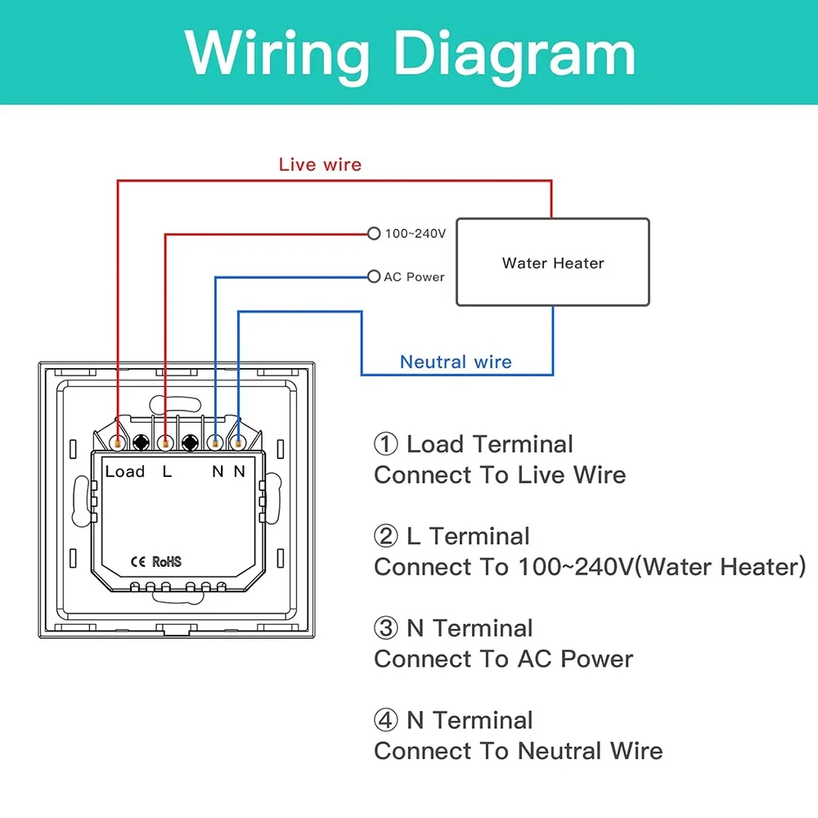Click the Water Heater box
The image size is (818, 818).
(x=552, y=263)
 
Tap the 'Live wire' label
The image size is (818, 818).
(x=320, y=164)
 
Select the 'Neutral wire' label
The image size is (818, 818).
(x=456, y=362)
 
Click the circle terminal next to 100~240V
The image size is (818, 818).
(x=374, y=234)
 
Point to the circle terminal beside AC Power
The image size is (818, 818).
(x=374, y=276)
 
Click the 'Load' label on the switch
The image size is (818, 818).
(x=124, y=471)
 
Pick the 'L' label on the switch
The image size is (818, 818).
(x=167, y=471)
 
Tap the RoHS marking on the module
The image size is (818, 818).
(x=167, y=562)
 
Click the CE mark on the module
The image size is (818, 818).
(x=138, y=562)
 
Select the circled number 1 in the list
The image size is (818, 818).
(x=385, y=445)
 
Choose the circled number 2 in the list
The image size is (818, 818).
(x=385, y=537)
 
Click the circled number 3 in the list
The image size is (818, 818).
(x=385, y=629)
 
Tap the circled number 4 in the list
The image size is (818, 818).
(x=385, y=721)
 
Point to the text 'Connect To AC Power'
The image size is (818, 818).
(x=503, y=659)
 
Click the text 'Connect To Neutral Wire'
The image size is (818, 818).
(x=518, y=751)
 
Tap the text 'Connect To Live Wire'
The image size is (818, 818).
(x=500, y=475)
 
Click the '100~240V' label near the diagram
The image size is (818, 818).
(x=416, y=234)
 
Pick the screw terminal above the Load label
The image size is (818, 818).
(x=120, y=443)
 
